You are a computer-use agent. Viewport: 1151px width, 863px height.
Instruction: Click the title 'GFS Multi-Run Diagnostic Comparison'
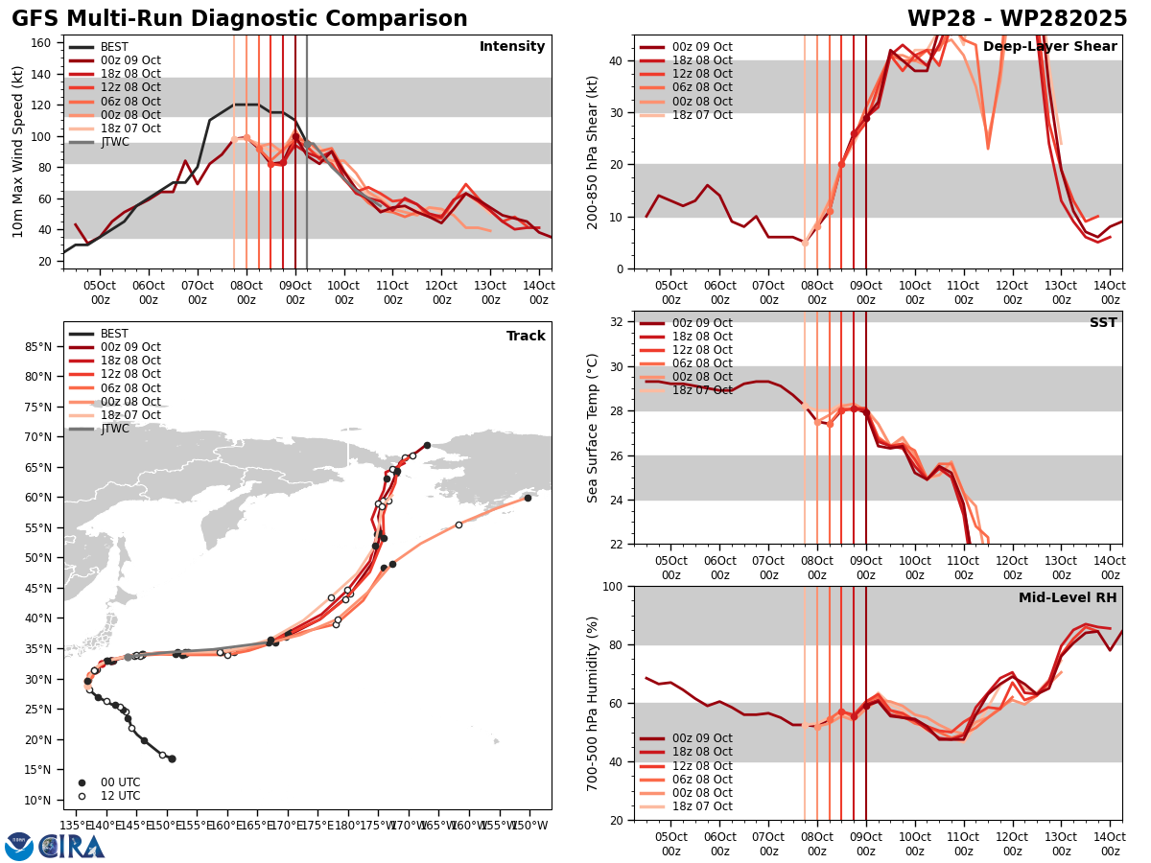(239, 19)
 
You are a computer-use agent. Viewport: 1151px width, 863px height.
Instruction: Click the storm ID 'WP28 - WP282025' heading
(1017, 19)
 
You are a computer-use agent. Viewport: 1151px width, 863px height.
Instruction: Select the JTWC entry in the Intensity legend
(114, 142)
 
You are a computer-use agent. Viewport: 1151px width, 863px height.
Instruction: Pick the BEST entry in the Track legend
(114, 334)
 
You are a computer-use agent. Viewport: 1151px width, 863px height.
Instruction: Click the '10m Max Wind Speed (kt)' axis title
(17, 152)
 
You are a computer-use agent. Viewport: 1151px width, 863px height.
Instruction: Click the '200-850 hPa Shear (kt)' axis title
(593, 152)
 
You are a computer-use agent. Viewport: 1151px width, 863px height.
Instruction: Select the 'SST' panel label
(1103, 323)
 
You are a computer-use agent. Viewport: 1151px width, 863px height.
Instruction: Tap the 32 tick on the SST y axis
(619, 321)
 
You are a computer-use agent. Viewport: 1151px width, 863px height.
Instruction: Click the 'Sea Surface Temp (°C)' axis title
(593, 428)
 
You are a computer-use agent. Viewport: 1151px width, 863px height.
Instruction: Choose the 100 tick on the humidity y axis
(615, 586)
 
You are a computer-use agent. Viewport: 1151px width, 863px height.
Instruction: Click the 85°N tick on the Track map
(39, 346)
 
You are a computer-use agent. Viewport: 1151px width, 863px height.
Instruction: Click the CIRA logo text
(72, 847)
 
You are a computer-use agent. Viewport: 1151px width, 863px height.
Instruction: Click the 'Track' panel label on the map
(526, 337)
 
